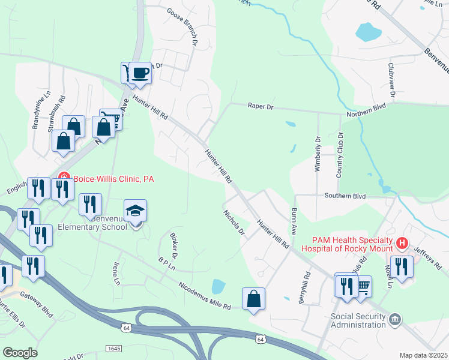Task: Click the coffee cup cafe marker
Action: click(x=140, y=73)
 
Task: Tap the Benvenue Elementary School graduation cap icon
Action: click(x=136, y=211)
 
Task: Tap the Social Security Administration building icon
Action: click(x=395, y=318)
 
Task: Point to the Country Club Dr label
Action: click(x=339, y=155)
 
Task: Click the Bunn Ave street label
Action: click(x=294, y=221)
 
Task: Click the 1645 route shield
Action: click(x=113, y=348)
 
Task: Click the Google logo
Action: click(x=20, y=353)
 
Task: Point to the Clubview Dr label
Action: click(x=391, y=80)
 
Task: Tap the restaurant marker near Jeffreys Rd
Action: click(x=401, y=266)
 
